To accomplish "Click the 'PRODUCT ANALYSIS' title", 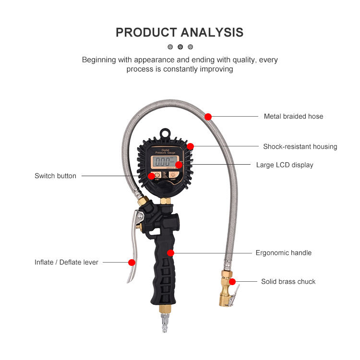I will (180, 33).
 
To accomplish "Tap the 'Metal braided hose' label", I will (293, 116).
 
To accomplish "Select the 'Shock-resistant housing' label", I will (300, 146).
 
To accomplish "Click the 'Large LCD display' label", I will (284, 165).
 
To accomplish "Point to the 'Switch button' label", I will (55, 176).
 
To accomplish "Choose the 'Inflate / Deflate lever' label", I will (66, 262).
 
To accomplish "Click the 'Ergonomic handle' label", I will (283, 252).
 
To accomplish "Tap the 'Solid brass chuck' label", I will (288, 281).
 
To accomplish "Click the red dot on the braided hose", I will (208, 116).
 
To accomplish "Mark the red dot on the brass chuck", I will (232, 281).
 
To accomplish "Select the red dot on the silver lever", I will (131, 262).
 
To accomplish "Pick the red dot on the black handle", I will (170, 252).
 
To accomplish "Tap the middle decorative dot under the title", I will (180, 47).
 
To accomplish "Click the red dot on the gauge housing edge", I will (191, 146).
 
